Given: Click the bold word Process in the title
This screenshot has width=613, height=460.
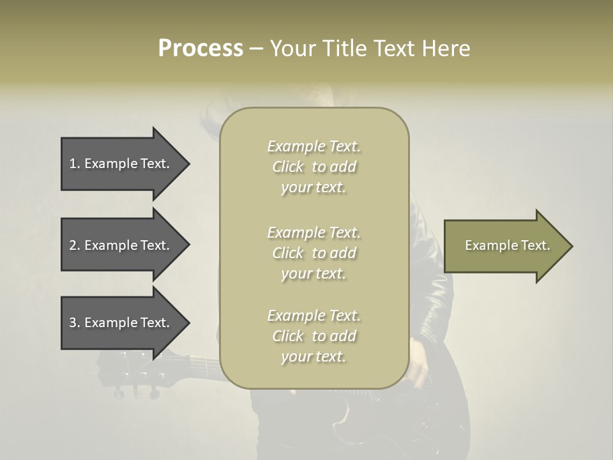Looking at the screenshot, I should (201, 49).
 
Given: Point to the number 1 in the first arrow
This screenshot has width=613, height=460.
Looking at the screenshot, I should (73, 164).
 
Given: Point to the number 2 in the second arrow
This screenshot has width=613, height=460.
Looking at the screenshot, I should (73, 245).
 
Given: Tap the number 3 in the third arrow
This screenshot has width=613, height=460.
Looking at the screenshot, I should (73, 323).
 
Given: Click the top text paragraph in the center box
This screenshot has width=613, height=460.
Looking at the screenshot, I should (314, 167).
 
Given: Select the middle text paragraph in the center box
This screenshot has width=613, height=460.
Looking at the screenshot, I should (314, 253).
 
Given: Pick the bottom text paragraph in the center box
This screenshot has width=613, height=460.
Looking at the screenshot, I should (314, 336).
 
